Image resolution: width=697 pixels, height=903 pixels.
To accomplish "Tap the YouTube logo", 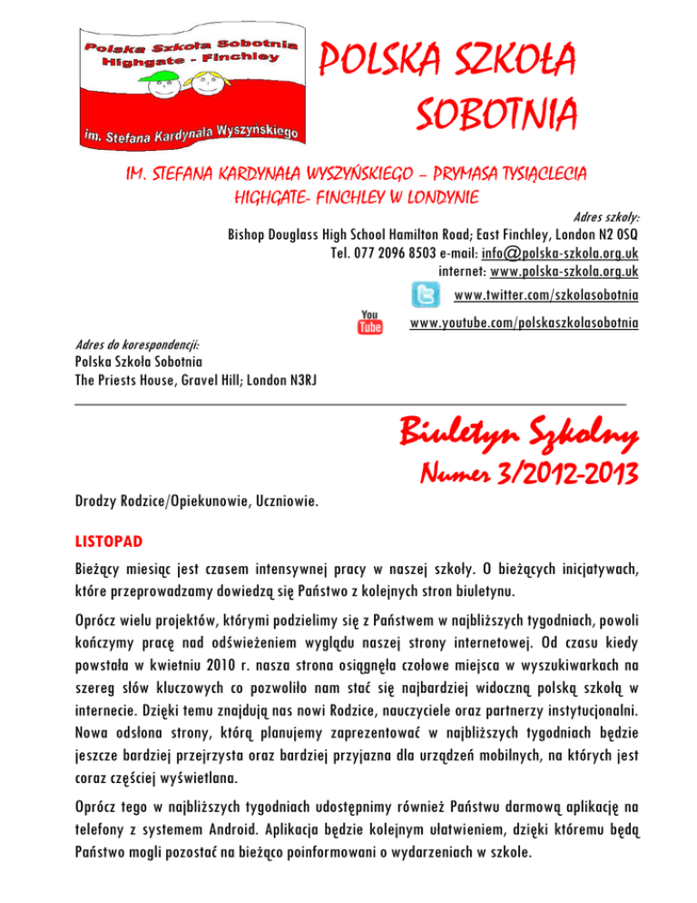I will (370, 322).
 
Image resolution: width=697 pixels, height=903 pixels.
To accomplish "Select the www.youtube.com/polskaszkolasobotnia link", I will (524, 323).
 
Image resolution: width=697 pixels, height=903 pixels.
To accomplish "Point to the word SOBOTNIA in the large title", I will (495, 116).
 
